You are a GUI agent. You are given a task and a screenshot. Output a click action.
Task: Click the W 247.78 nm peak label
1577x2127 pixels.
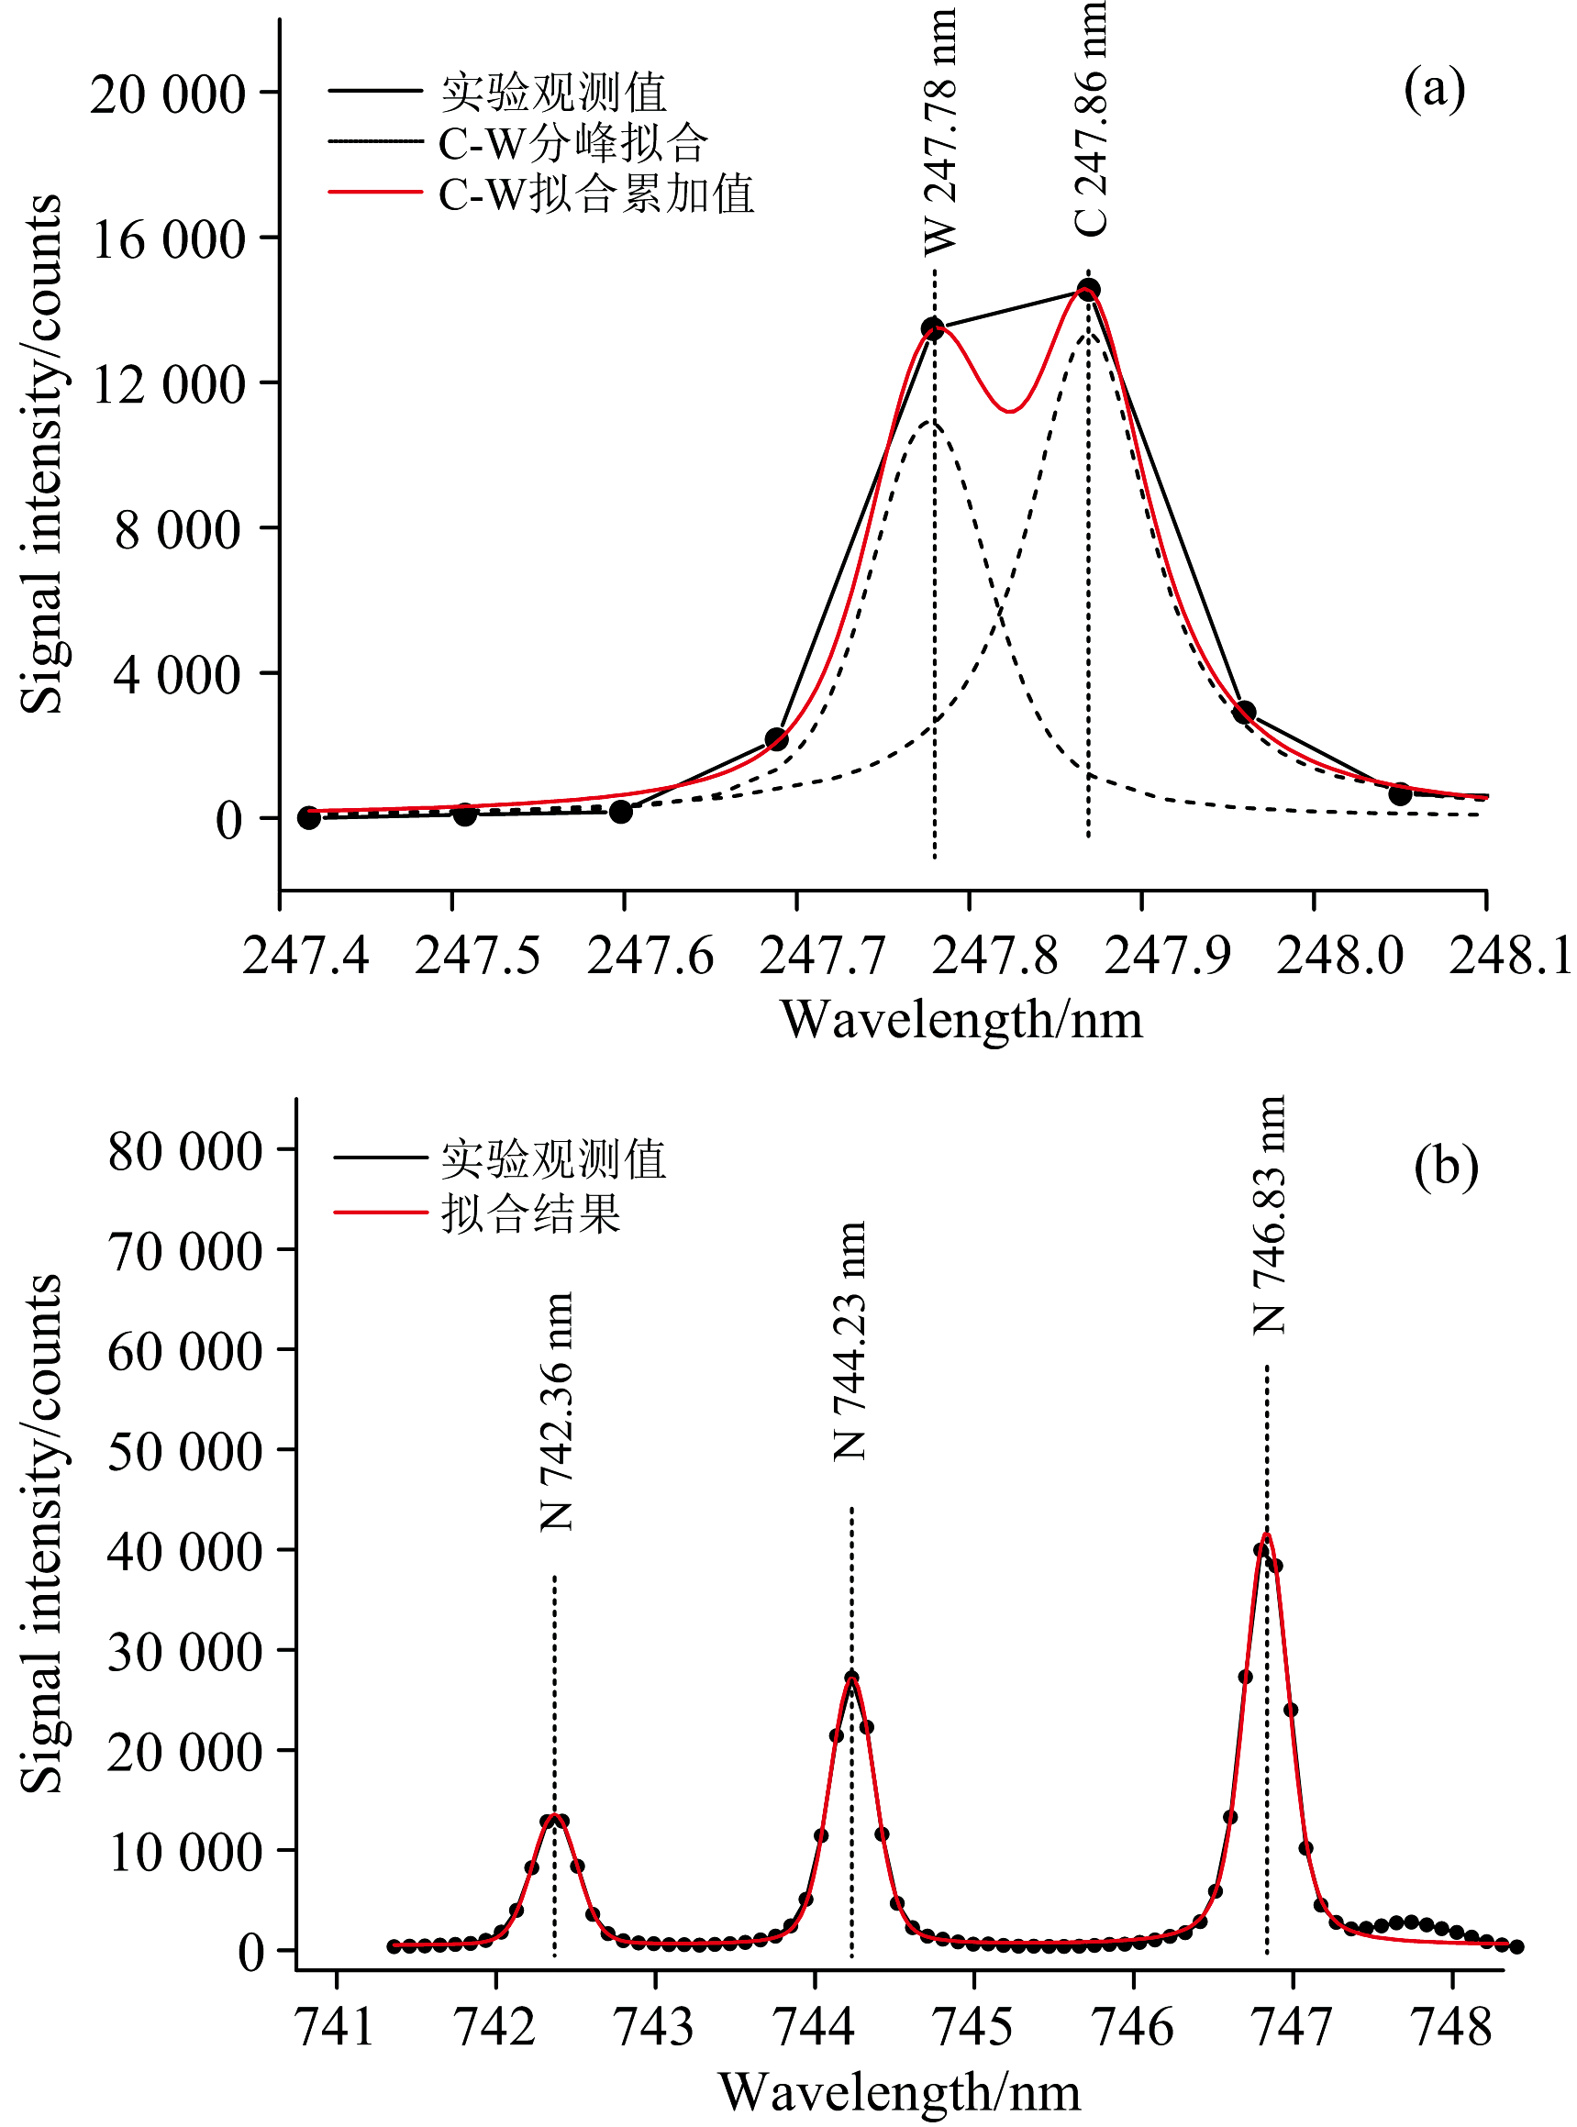click(x=940, y=132)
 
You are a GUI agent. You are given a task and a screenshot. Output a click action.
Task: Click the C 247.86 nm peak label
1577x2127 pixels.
click(x=1090, y=118)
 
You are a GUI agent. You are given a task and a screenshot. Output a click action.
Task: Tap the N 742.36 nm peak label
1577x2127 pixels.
click(x=557, y=1412)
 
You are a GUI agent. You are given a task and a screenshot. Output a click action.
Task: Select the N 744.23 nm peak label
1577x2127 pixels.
click(x=850, y=1341)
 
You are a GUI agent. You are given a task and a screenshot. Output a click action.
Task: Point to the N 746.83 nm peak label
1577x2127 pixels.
click(x=1270, y=1213)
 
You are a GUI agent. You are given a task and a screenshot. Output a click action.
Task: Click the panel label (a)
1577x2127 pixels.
click(x=1434, y=90)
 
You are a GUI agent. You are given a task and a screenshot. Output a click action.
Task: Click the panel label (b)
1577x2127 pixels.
click(x=1446, y=1165)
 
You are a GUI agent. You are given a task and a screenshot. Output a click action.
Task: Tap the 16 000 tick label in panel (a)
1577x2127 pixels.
click(x=169, y=239)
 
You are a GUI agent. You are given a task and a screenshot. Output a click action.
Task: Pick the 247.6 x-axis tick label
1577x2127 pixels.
click(x=650, y=955)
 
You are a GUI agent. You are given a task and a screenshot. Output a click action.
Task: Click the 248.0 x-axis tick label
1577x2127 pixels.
click(x=1340, y=955)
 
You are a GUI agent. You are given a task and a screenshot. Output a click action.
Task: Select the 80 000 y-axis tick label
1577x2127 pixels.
click(x=185, y=1151)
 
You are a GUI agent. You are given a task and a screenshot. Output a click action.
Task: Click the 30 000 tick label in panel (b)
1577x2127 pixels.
click(x=185, y=1652)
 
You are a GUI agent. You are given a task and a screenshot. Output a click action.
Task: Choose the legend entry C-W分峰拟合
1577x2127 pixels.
click(x=572, y=144)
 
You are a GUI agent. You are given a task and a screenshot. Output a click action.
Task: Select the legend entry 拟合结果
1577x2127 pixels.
click(x=531, y=1214)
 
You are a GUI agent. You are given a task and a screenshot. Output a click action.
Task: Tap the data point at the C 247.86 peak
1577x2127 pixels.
click(x=1088, y=289)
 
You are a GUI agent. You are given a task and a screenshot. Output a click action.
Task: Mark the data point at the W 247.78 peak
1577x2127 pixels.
click(x=933, y=328)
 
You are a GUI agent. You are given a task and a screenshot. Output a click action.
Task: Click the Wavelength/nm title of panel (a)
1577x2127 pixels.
click(x=961, y=1020)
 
